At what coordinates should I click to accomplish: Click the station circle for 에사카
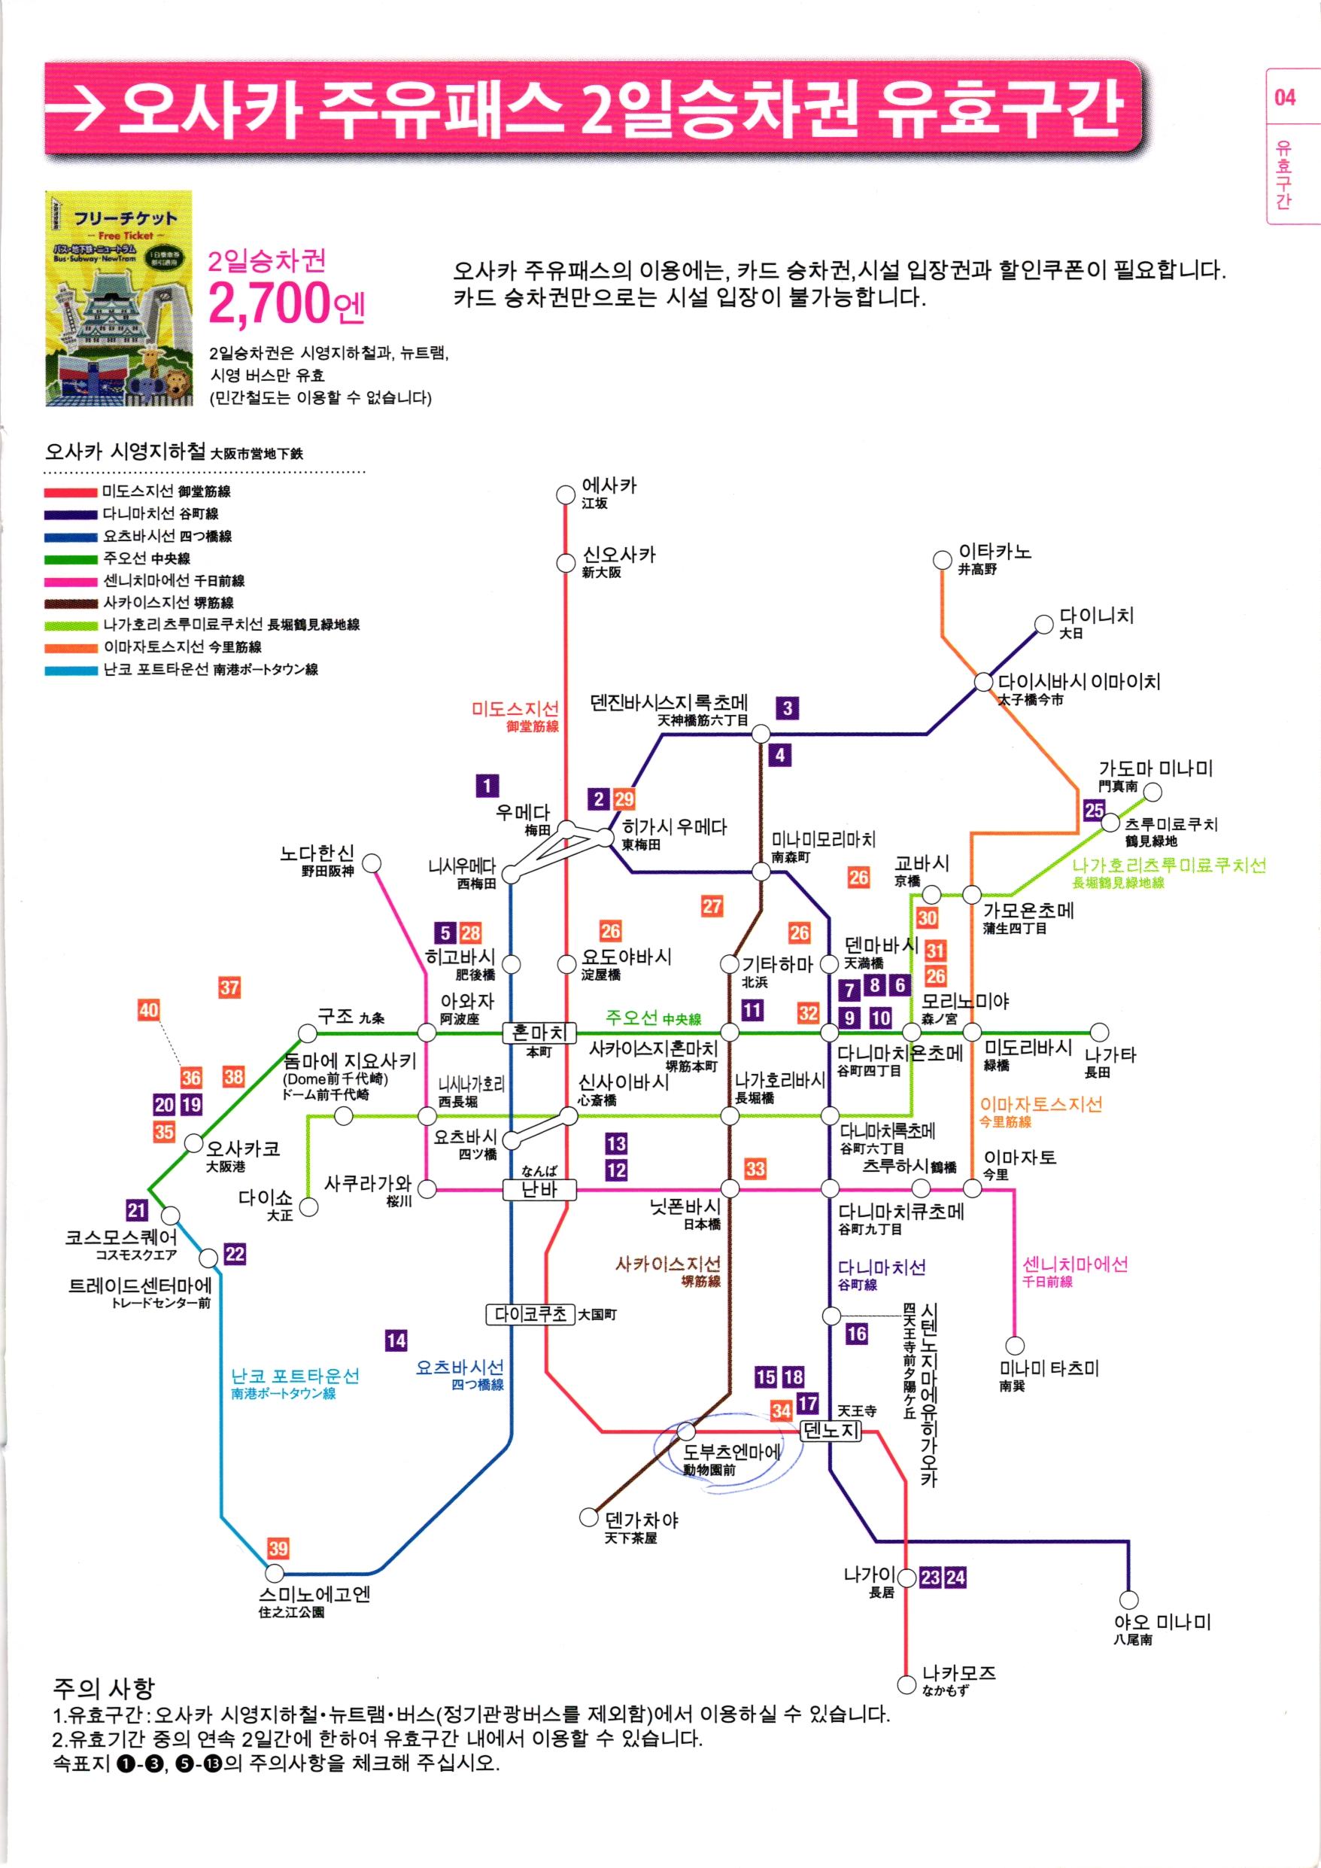click(564, 494)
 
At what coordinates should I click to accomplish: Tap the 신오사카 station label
click(618, 561)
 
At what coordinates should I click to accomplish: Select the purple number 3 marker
click(787, 707)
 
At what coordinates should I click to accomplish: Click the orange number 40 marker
click(148, 1011)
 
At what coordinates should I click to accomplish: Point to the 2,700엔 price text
click(287, 303)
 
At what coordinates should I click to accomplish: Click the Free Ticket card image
click(119, 299)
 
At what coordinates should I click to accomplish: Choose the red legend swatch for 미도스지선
click(71, 492)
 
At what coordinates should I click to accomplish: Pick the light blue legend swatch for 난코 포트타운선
click(71, 671)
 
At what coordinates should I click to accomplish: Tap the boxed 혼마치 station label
click(539, 1033)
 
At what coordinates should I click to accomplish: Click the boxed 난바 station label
click(539, 1189)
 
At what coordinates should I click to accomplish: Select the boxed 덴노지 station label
click(831, 1430)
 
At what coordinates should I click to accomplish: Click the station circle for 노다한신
click(372, 863)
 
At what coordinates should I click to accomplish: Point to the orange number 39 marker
click(278, 1548)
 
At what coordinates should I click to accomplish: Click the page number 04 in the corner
click(1284, 98)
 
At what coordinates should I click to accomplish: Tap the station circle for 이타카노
click(942, 560)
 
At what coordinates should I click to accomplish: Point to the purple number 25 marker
click(1094, 810)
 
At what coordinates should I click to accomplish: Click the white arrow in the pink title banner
click(77, 109)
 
